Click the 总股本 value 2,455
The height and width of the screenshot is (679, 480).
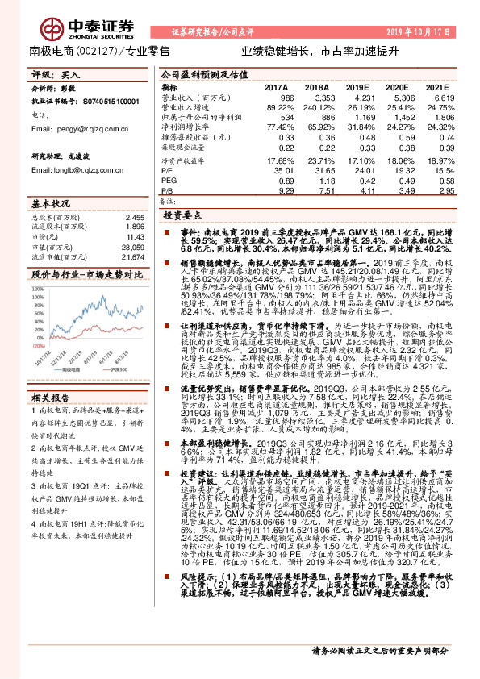pos(133,217)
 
